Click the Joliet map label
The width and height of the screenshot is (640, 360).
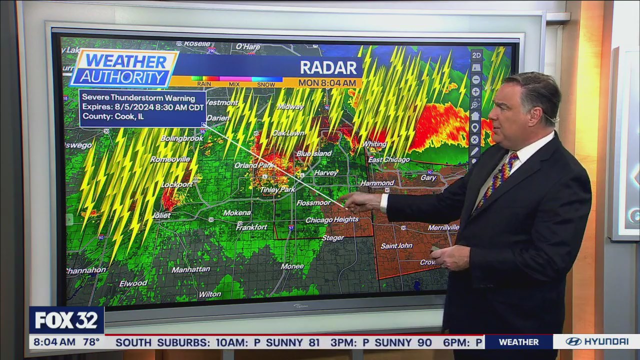[x=162, y=215]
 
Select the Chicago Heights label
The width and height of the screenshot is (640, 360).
[x=332, y=219]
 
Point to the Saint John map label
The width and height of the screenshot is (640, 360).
[x=396, y=245]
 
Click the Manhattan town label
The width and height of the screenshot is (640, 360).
[x=191, y=269]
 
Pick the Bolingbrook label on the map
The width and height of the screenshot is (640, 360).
[x=182, y=138]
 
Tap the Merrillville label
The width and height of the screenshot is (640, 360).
[x=443, y=227]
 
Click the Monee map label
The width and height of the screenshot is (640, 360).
[x=292, y=266]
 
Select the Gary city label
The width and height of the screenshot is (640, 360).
[x=428, y=177]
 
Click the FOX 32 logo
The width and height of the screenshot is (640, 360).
[x=66, y=320]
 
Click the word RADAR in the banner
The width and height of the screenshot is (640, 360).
[x=328, y=67]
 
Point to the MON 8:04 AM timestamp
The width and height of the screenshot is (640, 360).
[x=327, y=82]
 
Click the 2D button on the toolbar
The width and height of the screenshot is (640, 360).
[x=476, y=55]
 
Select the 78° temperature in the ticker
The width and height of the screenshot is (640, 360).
[x=91, y=342]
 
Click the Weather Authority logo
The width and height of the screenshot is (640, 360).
[x=124, y=69]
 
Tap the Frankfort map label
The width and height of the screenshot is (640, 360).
[x=251, y=227]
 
